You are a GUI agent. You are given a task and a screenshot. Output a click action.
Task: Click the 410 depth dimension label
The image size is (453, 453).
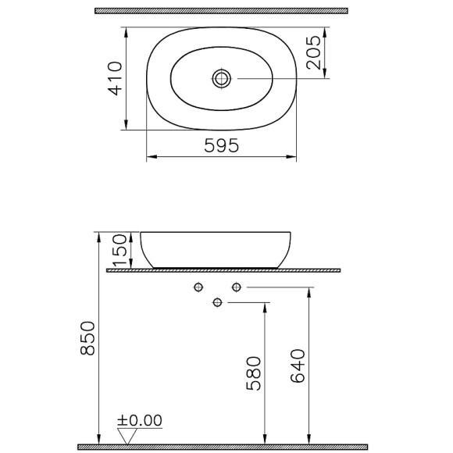(x=114, y=78)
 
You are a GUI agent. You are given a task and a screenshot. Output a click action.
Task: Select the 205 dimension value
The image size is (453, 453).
(x=314, y=53)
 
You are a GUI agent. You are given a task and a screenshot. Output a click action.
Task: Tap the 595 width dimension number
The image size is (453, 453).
(x=221, y=145)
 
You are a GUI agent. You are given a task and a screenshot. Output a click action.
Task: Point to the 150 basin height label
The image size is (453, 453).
(x=119, y=251)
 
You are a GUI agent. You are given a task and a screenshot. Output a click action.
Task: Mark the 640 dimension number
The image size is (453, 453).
(x=298, y=366)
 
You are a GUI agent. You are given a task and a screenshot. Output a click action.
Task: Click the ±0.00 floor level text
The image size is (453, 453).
(x=141, y=422)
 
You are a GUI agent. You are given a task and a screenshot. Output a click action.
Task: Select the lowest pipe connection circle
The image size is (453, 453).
(x=218, y=302)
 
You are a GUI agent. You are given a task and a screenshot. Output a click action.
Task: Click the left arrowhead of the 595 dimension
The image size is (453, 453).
(x=150, y=157)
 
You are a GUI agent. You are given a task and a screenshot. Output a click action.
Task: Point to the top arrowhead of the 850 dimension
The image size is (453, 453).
(x=98, y=235)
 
